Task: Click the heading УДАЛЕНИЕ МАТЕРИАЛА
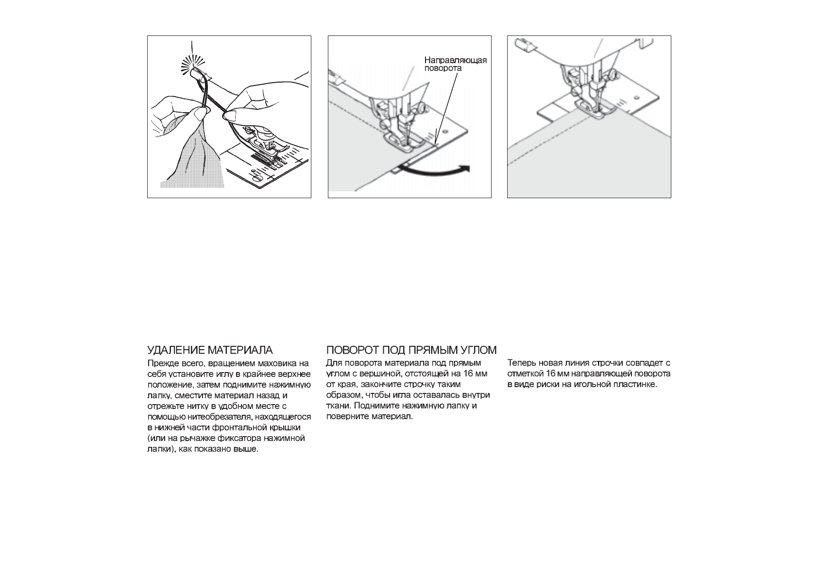(x=210, y=350)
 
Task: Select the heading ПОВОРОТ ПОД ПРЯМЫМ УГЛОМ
(x=411, y=350)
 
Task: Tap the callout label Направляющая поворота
(x=455, y=64)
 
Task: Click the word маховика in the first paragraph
(x=275, y=363)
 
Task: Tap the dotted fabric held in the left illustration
(x=194, y=160)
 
